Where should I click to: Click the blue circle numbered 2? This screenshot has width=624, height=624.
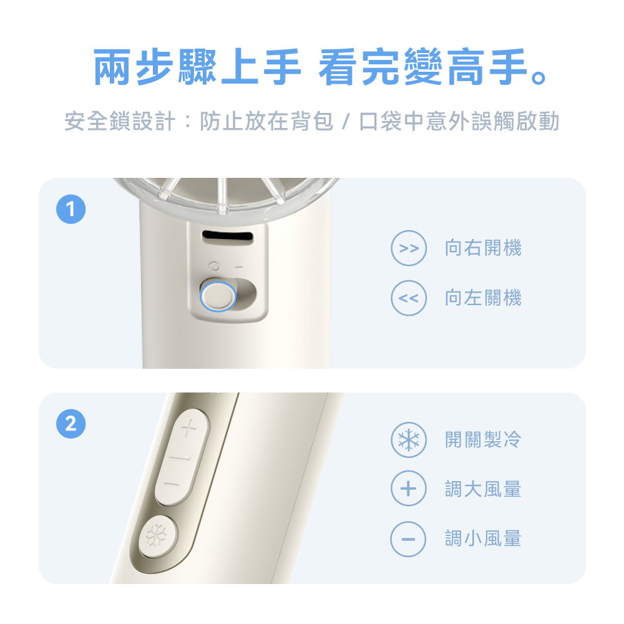71,425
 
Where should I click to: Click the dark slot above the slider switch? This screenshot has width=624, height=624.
228,237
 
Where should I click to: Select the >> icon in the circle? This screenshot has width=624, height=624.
408,248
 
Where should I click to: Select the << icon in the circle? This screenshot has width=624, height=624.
408,298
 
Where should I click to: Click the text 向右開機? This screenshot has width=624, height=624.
482,248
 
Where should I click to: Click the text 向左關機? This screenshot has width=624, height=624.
482,298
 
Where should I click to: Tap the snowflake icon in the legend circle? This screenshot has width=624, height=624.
408,440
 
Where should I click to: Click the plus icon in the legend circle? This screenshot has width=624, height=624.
408,489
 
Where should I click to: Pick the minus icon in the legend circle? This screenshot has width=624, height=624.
408,538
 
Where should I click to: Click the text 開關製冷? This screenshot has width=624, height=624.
482,440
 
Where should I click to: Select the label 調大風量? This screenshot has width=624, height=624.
482,489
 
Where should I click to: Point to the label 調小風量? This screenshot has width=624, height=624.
482,538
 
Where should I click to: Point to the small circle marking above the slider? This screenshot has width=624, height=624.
216,266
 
